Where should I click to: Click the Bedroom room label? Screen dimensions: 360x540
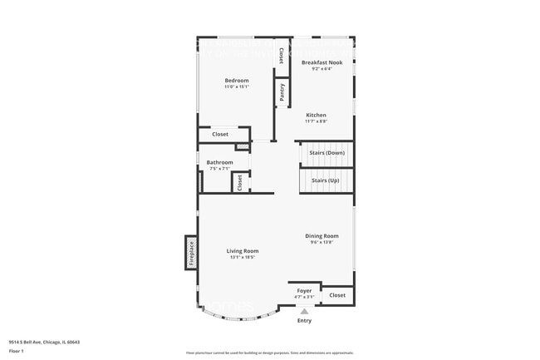pyautogui.click(x=237, y=81)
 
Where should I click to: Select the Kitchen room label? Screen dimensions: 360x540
pyautogui.click(x=316, y=115)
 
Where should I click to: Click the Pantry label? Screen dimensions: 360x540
pyautogui.click(x=282, y=91)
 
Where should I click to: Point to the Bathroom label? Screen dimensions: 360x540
pyautogui.click(x=219, y=162)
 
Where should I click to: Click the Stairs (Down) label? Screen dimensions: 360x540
pyautogui.click(x=326, y=153)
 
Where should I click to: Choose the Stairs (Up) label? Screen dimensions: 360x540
pyautogui.click(x=325, y=180)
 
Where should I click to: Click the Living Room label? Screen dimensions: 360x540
pyautogui.click(x=243, y=251)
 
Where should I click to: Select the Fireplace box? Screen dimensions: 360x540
pyautogui.click(x=190, y=252)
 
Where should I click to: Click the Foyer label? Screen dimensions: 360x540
pyautogui.click(x=304, y=291)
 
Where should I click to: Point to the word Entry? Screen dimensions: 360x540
pyautogui.click(x=304, y=320)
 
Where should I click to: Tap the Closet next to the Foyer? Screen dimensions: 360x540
pyautogui.click(x=337, y=295)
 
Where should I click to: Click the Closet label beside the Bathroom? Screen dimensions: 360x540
pyautogui.click(x=239, y=182)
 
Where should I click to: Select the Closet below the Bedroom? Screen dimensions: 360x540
pyautogui.click(x=220, y=134)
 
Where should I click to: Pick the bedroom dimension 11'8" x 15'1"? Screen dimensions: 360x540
pyautogui.click(x=237, y=87)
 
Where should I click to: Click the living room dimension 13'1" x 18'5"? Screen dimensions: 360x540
pyautogui.click(x=243, y=258)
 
